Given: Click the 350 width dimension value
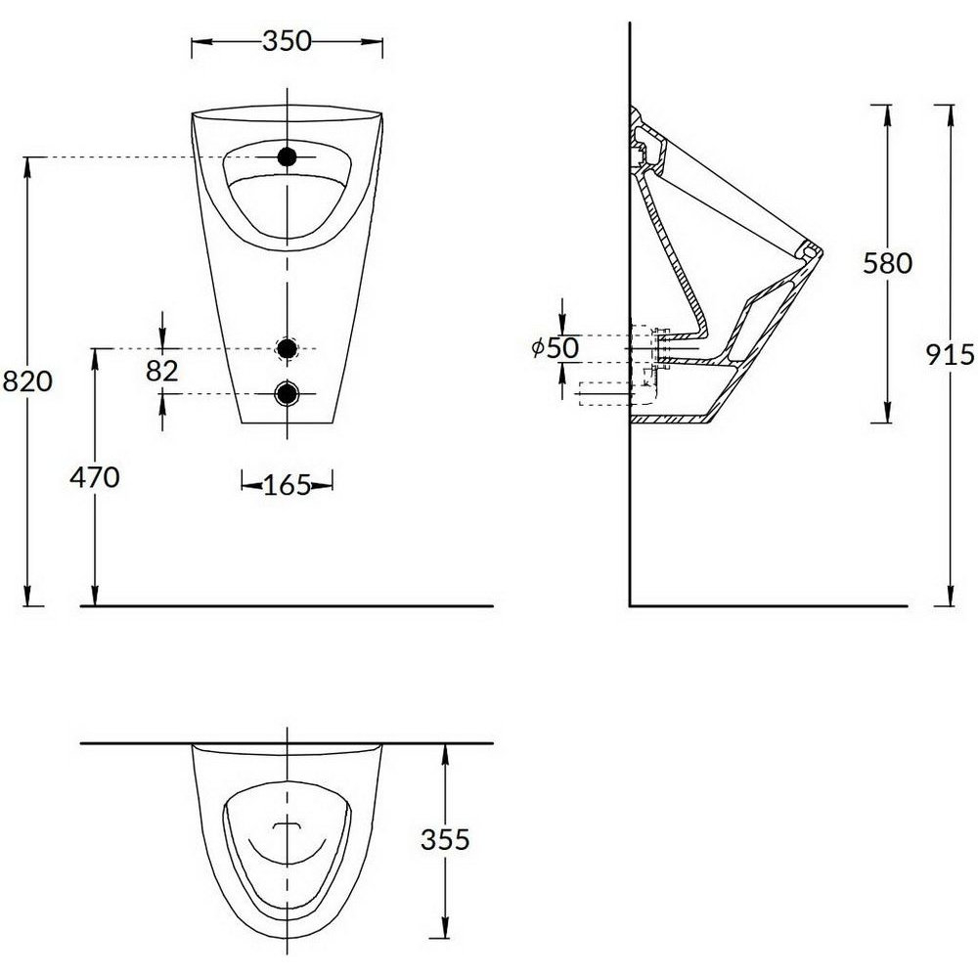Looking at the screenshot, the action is pyautogui.click(x=287, y=41).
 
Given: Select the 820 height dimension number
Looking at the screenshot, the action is pyautogui.click(x=27, y=381).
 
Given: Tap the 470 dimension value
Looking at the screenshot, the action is pyautogui.click(x=94, y=478).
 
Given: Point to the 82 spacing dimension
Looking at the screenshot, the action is pyautogui.click(x=162, y=371).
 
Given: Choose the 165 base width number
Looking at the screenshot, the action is pyautogui.click(x=287, y=485).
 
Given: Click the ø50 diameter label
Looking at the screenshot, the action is pyautogui.click(x=556, y=348).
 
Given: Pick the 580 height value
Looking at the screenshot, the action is pyautogui.click(x=888, y=263).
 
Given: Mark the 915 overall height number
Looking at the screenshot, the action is pyautogui.click(x=950, y=355).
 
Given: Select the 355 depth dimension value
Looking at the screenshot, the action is pyautogui.click(x=445, y=839).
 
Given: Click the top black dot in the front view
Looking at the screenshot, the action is pyautogui.click(x=287, y=157).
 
